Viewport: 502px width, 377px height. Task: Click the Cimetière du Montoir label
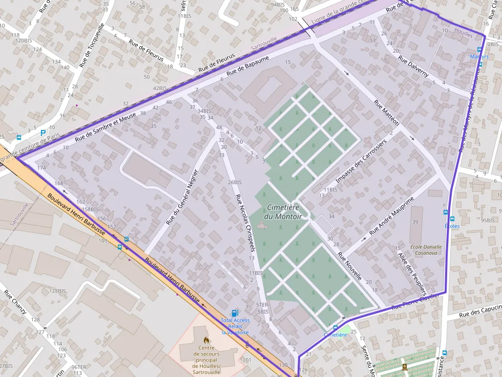pos(283,212)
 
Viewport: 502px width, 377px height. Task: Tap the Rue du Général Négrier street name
pos(182,196)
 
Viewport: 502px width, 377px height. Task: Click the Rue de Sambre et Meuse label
pos(106,127)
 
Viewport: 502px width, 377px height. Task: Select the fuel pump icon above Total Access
pos(235,313)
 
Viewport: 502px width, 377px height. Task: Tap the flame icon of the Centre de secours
pos(206,340)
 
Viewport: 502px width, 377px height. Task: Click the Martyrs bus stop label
pos(479,56)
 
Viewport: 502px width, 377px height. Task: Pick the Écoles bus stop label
pos(452,226)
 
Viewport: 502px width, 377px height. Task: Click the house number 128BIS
pos(58,291)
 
